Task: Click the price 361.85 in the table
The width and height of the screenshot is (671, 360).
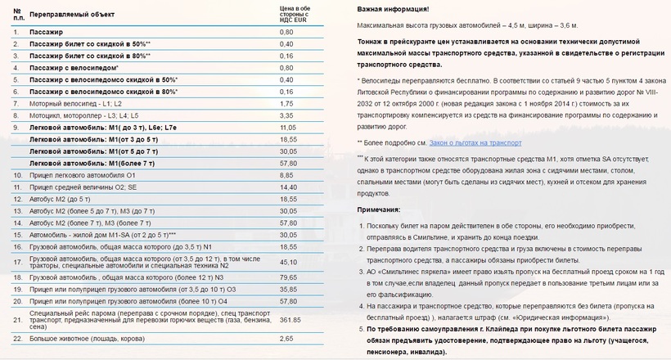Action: click(x=291, y=320)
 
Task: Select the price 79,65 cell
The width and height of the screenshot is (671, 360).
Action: click(x=288, y=277)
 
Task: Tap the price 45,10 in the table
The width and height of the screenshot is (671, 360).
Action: click(x=288, y=262)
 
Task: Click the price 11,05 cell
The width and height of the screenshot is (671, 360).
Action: click(x=287, y=128)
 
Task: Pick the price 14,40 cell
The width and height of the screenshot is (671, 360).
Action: click(x=288, y=187)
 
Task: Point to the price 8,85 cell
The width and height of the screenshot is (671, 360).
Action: click(x=286, y=175)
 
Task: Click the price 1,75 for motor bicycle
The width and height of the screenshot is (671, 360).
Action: click(x=286, y=104)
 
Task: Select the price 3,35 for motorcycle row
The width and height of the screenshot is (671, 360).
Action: click(x=286, y=115)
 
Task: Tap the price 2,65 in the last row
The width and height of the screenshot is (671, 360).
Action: click(x=286, y=338)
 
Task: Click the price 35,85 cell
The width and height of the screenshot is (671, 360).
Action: click(x=288, y=289)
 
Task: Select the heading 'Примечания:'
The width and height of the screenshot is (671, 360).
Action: click(x=380, y=210)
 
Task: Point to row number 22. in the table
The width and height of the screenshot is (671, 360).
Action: click(x=17, y=338)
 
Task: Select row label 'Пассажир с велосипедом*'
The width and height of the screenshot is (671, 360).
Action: click(x=74, y=68)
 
